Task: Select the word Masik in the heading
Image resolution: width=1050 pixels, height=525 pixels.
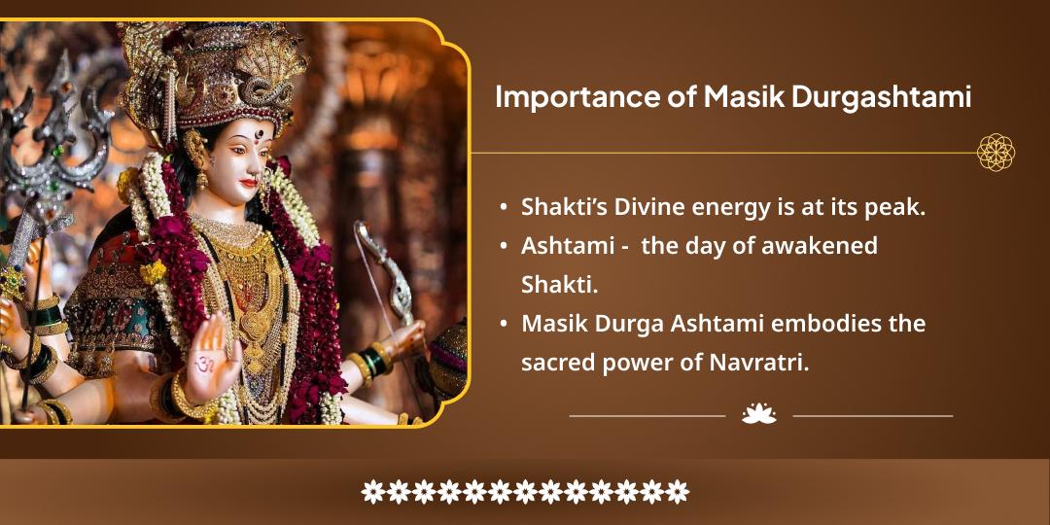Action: pos(733,98)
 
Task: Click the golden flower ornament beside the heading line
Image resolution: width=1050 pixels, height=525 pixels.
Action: pos(996,153)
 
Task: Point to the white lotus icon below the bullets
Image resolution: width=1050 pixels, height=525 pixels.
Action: pos(759,414)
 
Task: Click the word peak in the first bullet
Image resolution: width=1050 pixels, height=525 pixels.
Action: pos(898,207)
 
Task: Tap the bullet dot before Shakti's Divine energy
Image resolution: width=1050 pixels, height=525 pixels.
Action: pos(503,207)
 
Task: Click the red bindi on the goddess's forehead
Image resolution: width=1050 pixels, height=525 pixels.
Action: pos(258,137)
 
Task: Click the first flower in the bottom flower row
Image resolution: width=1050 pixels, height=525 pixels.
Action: pos(373,492)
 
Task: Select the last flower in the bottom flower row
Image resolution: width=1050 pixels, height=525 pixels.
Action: pos(677,492)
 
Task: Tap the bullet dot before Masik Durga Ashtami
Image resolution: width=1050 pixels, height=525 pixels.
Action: pos(503,323)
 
